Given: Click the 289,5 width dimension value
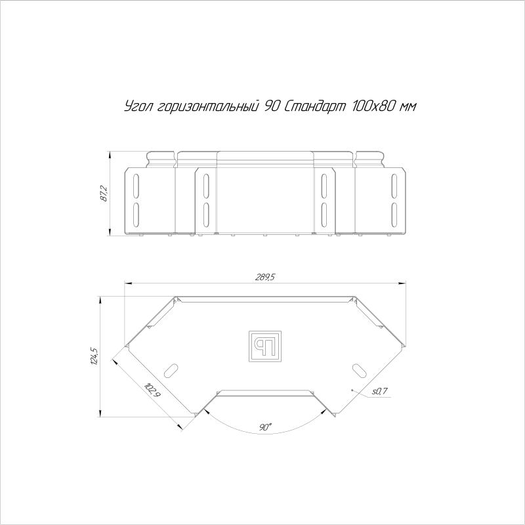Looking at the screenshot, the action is (x=265, y=277).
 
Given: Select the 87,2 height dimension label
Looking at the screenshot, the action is (x=104, y=194).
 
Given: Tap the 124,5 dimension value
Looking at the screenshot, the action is (x=94, y=356).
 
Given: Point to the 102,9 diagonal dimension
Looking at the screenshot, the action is (x=152, y=390).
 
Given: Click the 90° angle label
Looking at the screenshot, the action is (x=265, y=427).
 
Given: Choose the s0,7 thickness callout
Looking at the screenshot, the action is (x=380, y=390).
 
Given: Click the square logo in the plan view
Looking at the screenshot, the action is (x=265, y=346).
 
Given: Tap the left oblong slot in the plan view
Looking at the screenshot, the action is (x=171, y=371).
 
